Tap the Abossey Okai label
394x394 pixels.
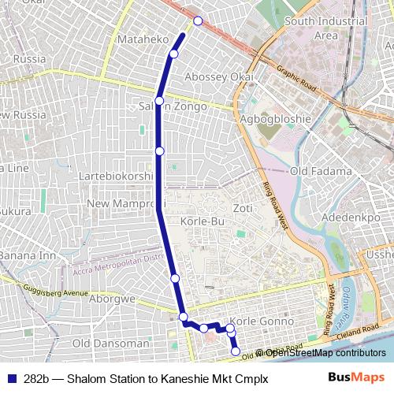pyautogui.click(x=218, y=77)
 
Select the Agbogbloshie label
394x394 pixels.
pyautogui.click(x=276, y=119)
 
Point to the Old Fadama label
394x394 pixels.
pyautogui.click(x=321, y=171)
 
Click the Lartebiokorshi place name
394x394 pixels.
pyautogui.click(x=115, y=177)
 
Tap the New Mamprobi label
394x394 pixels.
pyautogui.click(x=120, y=204)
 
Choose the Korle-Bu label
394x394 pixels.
pyautogui.click(x=203, y=222)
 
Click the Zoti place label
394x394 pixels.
pyautogui.click(x=243, y=208)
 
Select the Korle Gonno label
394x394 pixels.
pyautogui.click(x=264, y=322)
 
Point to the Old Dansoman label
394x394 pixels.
pyautogui.click(x=110, y=344)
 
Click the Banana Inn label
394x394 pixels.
pyautogui.click(x=28, y=255)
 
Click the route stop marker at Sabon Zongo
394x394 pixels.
pyautogui.click(x=159, y=101)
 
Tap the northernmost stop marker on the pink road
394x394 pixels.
pyautogui.click(x=198, y=20)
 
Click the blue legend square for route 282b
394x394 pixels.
pyautogui.click(x=10, y=378)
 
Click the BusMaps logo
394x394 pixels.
pyautogui.click(x=356, y=377)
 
